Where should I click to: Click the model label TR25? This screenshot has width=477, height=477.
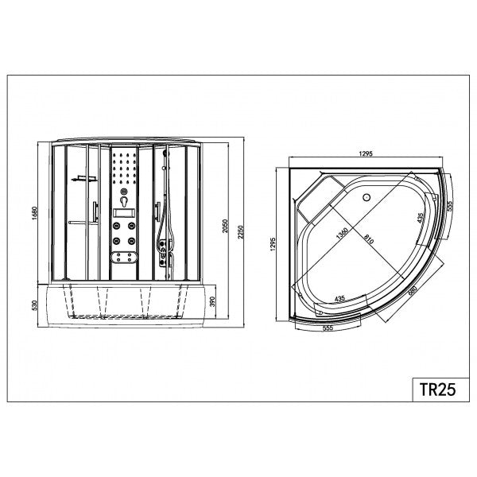coord(437,389)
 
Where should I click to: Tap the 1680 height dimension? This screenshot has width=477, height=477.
coord(34,214)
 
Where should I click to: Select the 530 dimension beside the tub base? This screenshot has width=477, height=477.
coord(34,305)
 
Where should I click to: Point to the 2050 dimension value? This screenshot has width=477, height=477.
coord(225,226)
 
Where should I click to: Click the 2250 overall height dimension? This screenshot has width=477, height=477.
coord(241,232)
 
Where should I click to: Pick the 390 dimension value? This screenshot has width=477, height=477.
coord(212,301)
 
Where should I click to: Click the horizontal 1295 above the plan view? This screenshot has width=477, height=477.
coord(366,153)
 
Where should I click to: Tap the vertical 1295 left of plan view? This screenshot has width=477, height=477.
coord(273,244)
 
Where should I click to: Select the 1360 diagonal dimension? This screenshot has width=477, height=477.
coord(342,234)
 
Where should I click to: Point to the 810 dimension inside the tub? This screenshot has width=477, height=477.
coord(368,239)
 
